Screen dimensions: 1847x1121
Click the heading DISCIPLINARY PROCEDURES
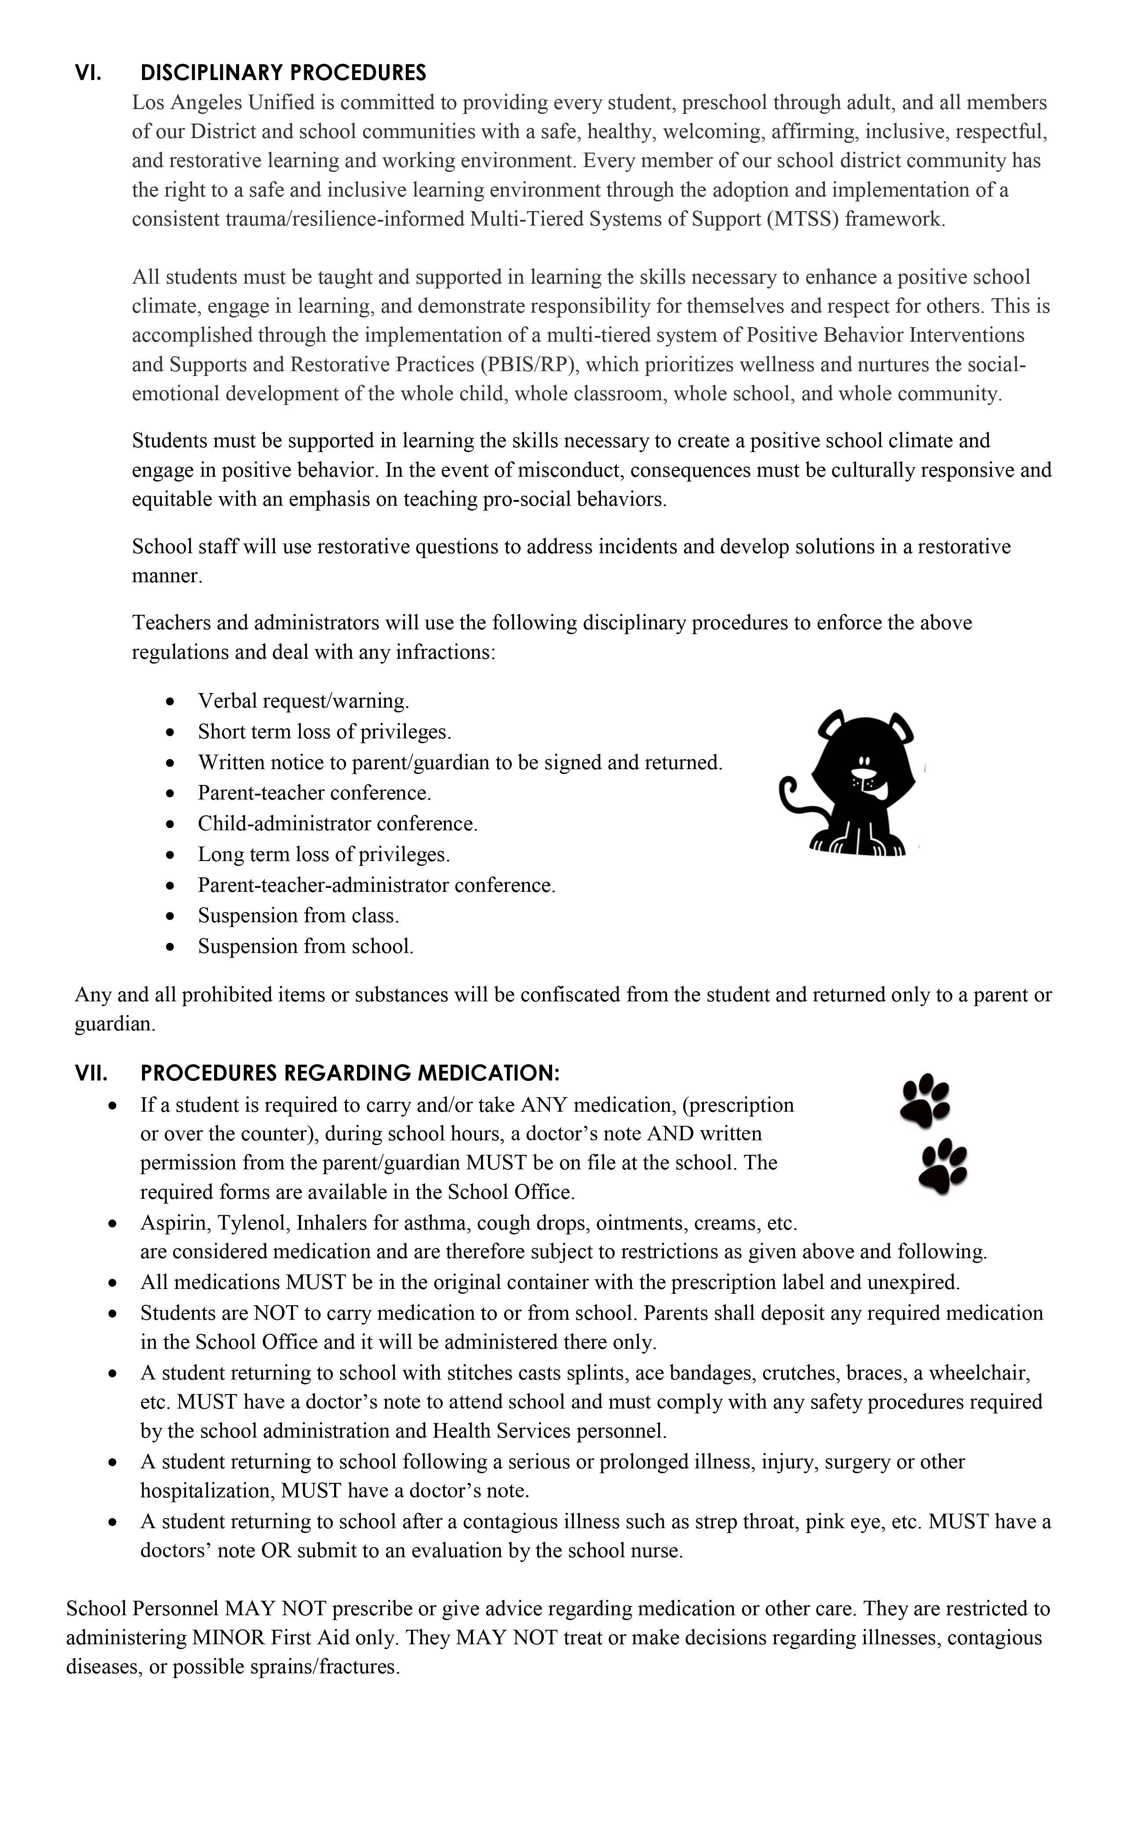[x=283, y=73]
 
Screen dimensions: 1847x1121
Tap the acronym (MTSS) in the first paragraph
[x=803, y=219]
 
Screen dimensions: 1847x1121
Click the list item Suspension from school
[x=305, y=947]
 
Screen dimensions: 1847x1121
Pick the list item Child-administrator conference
[x=337, y=824]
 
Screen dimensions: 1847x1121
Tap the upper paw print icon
[x=924, y=1100]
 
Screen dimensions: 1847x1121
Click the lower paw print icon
[x=943, y=1166]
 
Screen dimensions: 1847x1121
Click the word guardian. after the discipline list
[x=115, y=1025]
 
